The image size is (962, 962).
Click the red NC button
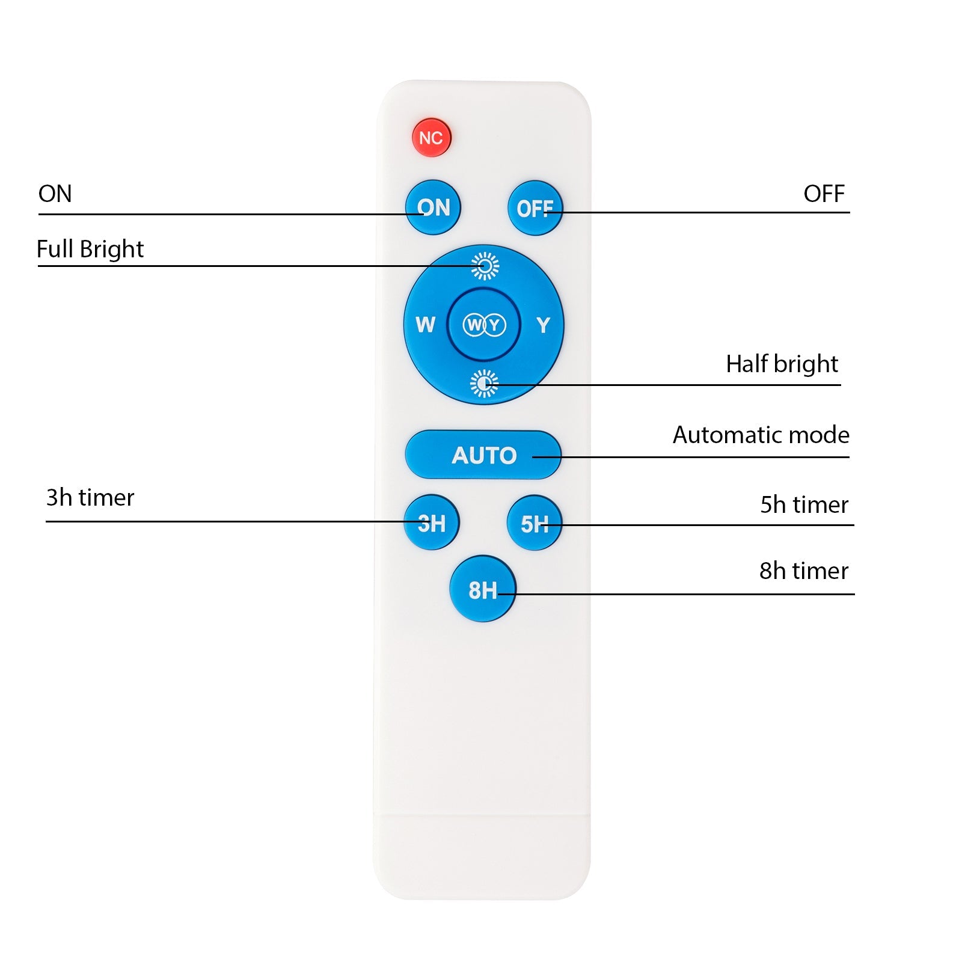(431, 138)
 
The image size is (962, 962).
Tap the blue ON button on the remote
(433, 207)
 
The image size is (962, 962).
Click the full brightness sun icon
(485, 266)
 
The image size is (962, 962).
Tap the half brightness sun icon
(484, 384)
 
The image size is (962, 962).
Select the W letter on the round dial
(425, 325)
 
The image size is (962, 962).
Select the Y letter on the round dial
(543, 325)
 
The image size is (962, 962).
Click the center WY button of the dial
(484, 325)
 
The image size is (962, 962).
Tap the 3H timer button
(432, 522)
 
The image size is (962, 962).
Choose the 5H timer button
(535, 523)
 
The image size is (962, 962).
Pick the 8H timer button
(483, 589)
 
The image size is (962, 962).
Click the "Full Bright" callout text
(90, 249)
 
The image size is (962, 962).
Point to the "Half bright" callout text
(782, 364)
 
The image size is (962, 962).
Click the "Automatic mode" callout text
(761, 435)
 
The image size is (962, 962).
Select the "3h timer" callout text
(90, 498)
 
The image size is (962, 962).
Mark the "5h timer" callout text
(804, 505)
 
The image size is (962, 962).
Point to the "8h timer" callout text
(803, 571)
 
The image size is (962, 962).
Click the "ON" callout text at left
(55, 194)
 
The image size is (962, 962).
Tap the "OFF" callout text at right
(824, 194)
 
